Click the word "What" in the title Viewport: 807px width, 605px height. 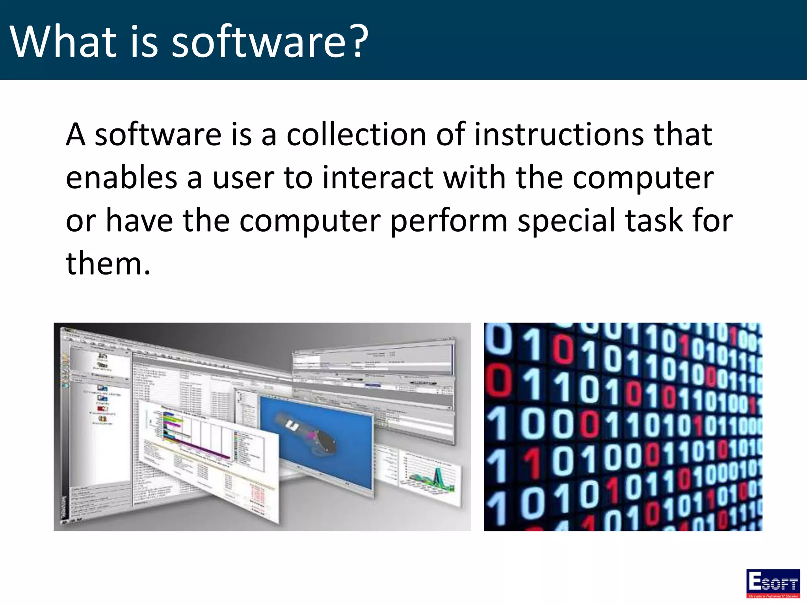[63, 41]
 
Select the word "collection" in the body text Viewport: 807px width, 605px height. [356, 134]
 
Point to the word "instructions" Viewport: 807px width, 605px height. [559, 134]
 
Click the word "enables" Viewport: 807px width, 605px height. [121, 178]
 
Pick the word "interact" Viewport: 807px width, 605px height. [378, 178]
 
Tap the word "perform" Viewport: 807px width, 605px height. [449, 221]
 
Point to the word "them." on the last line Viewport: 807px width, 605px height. [108, 264]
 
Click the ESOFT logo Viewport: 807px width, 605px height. [773, 583]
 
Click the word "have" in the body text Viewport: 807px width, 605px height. [139, 221]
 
